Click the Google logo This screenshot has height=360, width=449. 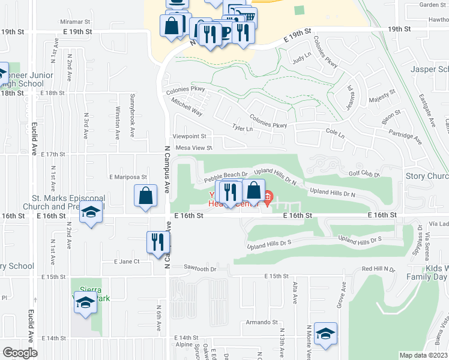(x=20, y=353)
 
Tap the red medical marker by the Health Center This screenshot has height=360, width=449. (x=268, y=196)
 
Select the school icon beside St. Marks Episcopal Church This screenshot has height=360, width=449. (x=91, y=214)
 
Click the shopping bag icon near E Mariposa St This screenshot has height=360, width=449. (x=145, y=196)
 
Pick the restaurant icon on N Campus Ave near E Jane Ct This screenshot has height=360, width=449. (x=158, y=242)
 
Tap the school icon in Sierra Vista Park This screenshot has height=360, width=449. (x=85, y=304)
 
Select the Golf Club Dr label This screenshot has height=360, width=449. (x=364, y=173)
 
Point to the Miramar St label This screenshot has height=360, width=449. (x=75, y=21)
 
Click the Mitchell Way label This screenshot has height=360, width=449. (x=187, y=107)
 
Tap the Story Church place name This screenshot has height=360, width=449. (x=427, y=176)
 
